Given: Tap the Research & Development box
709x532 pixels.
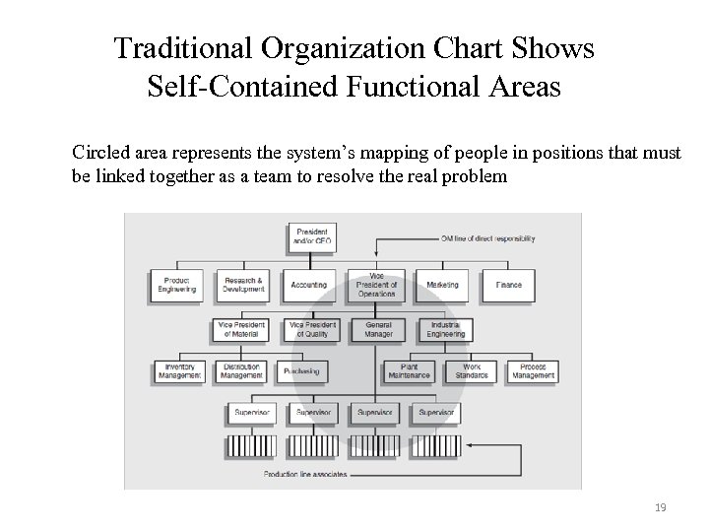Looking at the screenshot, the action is [x=242, y=285].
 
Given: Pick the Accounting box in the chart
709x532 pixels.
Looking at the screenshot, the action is [x=308, y=285].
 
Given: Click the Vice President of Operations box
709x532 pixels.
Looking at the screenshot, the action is [x=375, y=285].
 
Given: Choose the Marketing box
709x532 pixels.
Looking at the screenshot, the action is [x=442, y=285].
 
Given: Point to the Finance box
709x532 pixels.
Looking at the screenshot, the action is [x=508, y=285].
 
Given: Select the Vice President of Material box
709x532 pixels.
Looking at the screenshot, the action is [x=242, y=329].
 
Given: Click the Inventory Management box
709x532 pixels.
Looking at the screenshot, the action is [x=179, y=370].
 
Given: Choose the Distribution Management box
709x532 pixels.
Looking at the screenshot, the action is [x=242, y=370].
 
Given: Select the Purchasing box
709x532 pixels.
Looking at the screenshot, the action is [x=302, y=371].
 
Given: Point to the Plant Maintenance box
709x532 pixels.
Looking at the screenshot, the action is [x=408, y=370].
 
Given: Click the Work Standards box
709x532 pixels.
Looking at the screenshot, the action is [x=472, y=370].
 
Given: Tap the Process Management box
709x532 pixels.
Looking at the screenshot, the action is [x=533, y=370].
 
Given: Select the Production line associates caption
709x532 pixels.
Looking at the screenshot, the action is [x=306, y=474].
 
